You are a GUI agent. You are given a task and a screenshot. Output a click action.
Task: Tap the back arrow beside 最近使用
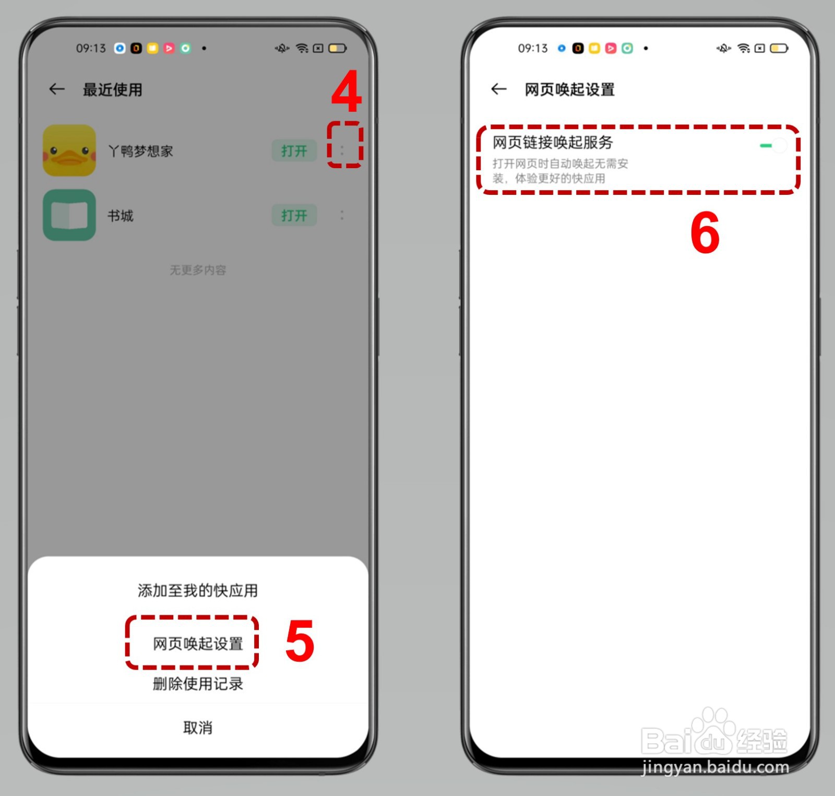click(57, 89)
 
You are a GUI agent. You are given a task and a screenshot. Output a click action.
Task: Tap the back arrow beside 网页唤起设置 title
click(498, 89)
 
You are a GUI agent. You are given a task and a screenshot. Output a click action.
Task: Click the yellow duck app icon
click(69, 150)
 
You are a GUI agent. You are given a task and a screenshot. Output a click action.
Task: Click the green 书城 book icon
click(69, 215)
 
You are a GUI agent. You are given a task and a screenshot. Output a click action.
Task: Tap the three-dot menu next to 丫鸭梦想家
click(342, 150)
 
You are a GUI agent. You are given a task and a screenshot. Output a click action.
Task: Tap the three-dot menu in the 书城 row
click(342, 215)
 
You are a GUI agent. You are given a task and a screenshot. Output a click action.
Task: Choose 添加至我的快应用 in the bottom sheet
click(198, 591)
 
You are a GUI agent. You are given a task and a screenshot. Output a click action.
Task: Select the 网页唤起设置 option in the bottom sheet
click(198, 643)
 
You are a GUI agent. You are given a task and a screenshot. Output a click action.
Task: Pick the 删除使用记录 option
click(198, 684)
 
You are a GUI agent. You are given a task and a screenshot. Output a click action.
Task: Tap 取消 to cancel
click(198, 728)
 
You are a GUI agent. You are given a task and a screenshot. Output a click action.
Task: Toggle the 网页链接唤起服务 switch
click(773, 146)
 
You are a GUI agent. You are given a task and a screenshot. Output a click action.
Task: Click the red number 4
click(346, 92)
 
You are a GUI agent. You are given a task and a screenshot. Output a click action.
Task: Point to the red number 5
click(300, 641)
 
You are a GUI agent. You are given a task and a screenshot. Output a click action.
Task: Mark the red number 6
click(705, 233)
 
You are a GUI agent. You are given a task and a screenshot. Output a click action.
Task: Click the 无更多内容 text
click(198, 270)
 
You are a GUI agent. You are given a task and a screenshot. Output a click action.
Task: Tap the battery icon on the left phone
click(337, 49)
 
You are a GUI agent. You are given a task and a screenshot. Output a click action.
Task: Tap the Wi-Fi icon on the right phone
click(744, 49)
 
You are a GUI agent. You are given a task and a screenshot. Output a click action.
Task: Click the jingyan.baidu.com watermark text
click(715, 767)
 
